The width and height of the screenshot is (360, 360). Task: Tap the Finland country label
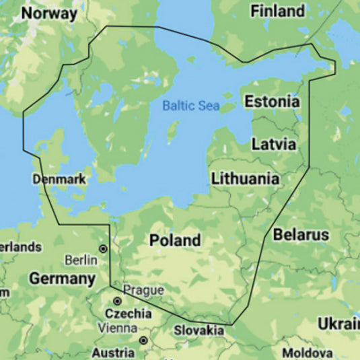tap(277, 11)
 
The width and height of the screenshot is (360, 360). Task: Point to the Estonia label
tap(272, 102)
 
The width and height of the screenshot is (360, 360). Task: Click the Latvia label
tap(273, 144)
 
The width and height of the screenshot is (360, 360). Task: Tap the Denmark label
tap(59, 179)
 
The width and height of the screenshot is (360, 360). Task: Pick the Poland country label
tap(175, 240)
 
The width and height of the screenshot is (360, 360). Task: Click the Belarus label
tap(301, 235)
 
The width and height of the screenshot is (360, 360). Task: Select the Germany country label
tap(62, 279)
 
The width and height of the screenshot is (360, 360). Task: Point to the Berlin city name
tap(81, 260)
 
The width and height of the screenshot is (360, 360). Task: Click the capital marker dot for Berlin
tap(103, 248)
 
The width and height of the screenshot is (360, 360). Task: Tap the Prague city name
tap(143, 290)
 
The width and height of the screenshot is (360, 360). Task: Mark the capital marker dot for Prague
tap(117, 301)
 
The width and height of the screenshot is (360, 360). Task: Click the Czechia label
tap(128, 314)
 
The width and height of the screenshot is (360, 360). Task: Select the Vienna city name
tap(116, 329)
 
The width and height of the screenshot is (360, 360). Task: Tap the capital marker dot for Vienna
tap(143, 340)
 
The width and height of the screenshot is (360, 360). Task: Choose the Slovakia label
tap(199, 330)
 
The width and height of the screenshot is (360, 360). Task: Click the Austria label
tap(113, 353)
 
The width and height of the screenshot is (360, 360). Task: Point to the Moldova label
tap(307, 353)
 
